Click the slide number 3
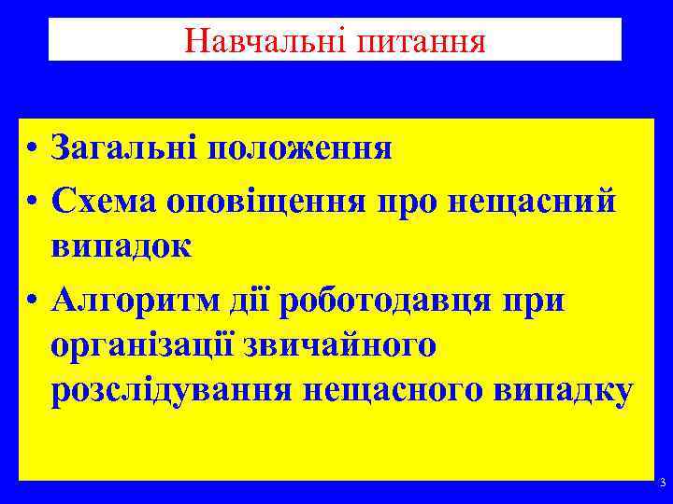tap(662, 483)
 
